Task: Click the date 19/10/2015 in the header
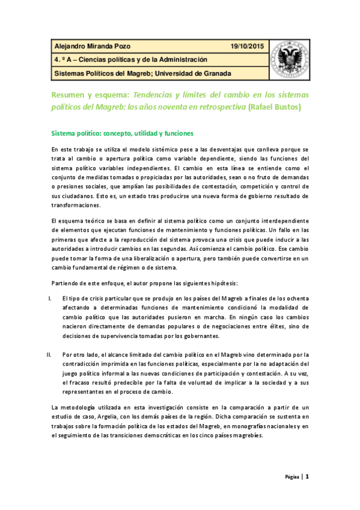(246, 46)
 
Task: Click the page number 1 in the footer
(307, 477)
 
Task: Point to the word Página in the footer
(293, 478)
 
